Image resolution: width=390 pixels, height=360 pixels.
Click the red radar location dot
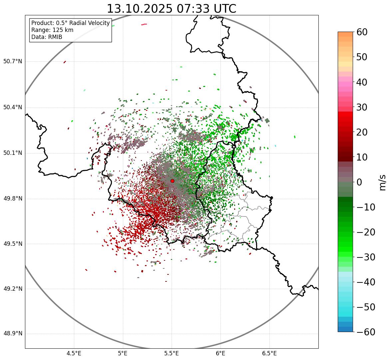pos(172,181)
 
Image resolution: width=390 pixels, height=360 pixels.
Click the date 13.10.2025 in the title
pos(140,9)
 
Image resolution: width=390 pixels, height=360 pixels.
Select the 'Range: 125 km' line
pos(52,30)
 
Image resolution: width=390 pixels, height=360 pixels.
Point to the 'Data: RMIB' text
pos(47,37)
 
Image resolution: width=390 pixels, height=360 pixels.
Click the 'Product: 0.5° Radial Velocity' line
pos(70,23)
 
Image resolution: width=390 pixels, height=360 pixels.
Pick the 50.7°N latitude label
pos(13,62)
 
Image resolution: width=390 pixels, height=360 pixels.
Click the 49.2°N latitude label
pos(13,289)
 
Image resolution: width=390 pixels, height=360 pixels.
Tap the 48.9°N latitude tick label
pos(13,334)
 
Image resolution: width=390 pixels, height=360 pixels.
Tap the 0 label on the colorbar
pos(359,182)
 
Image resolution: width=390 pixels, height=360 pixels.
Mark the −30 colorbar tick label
pos(366,257)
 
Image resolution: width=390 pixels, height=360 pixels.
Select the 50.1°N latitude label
pos(13,153)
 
